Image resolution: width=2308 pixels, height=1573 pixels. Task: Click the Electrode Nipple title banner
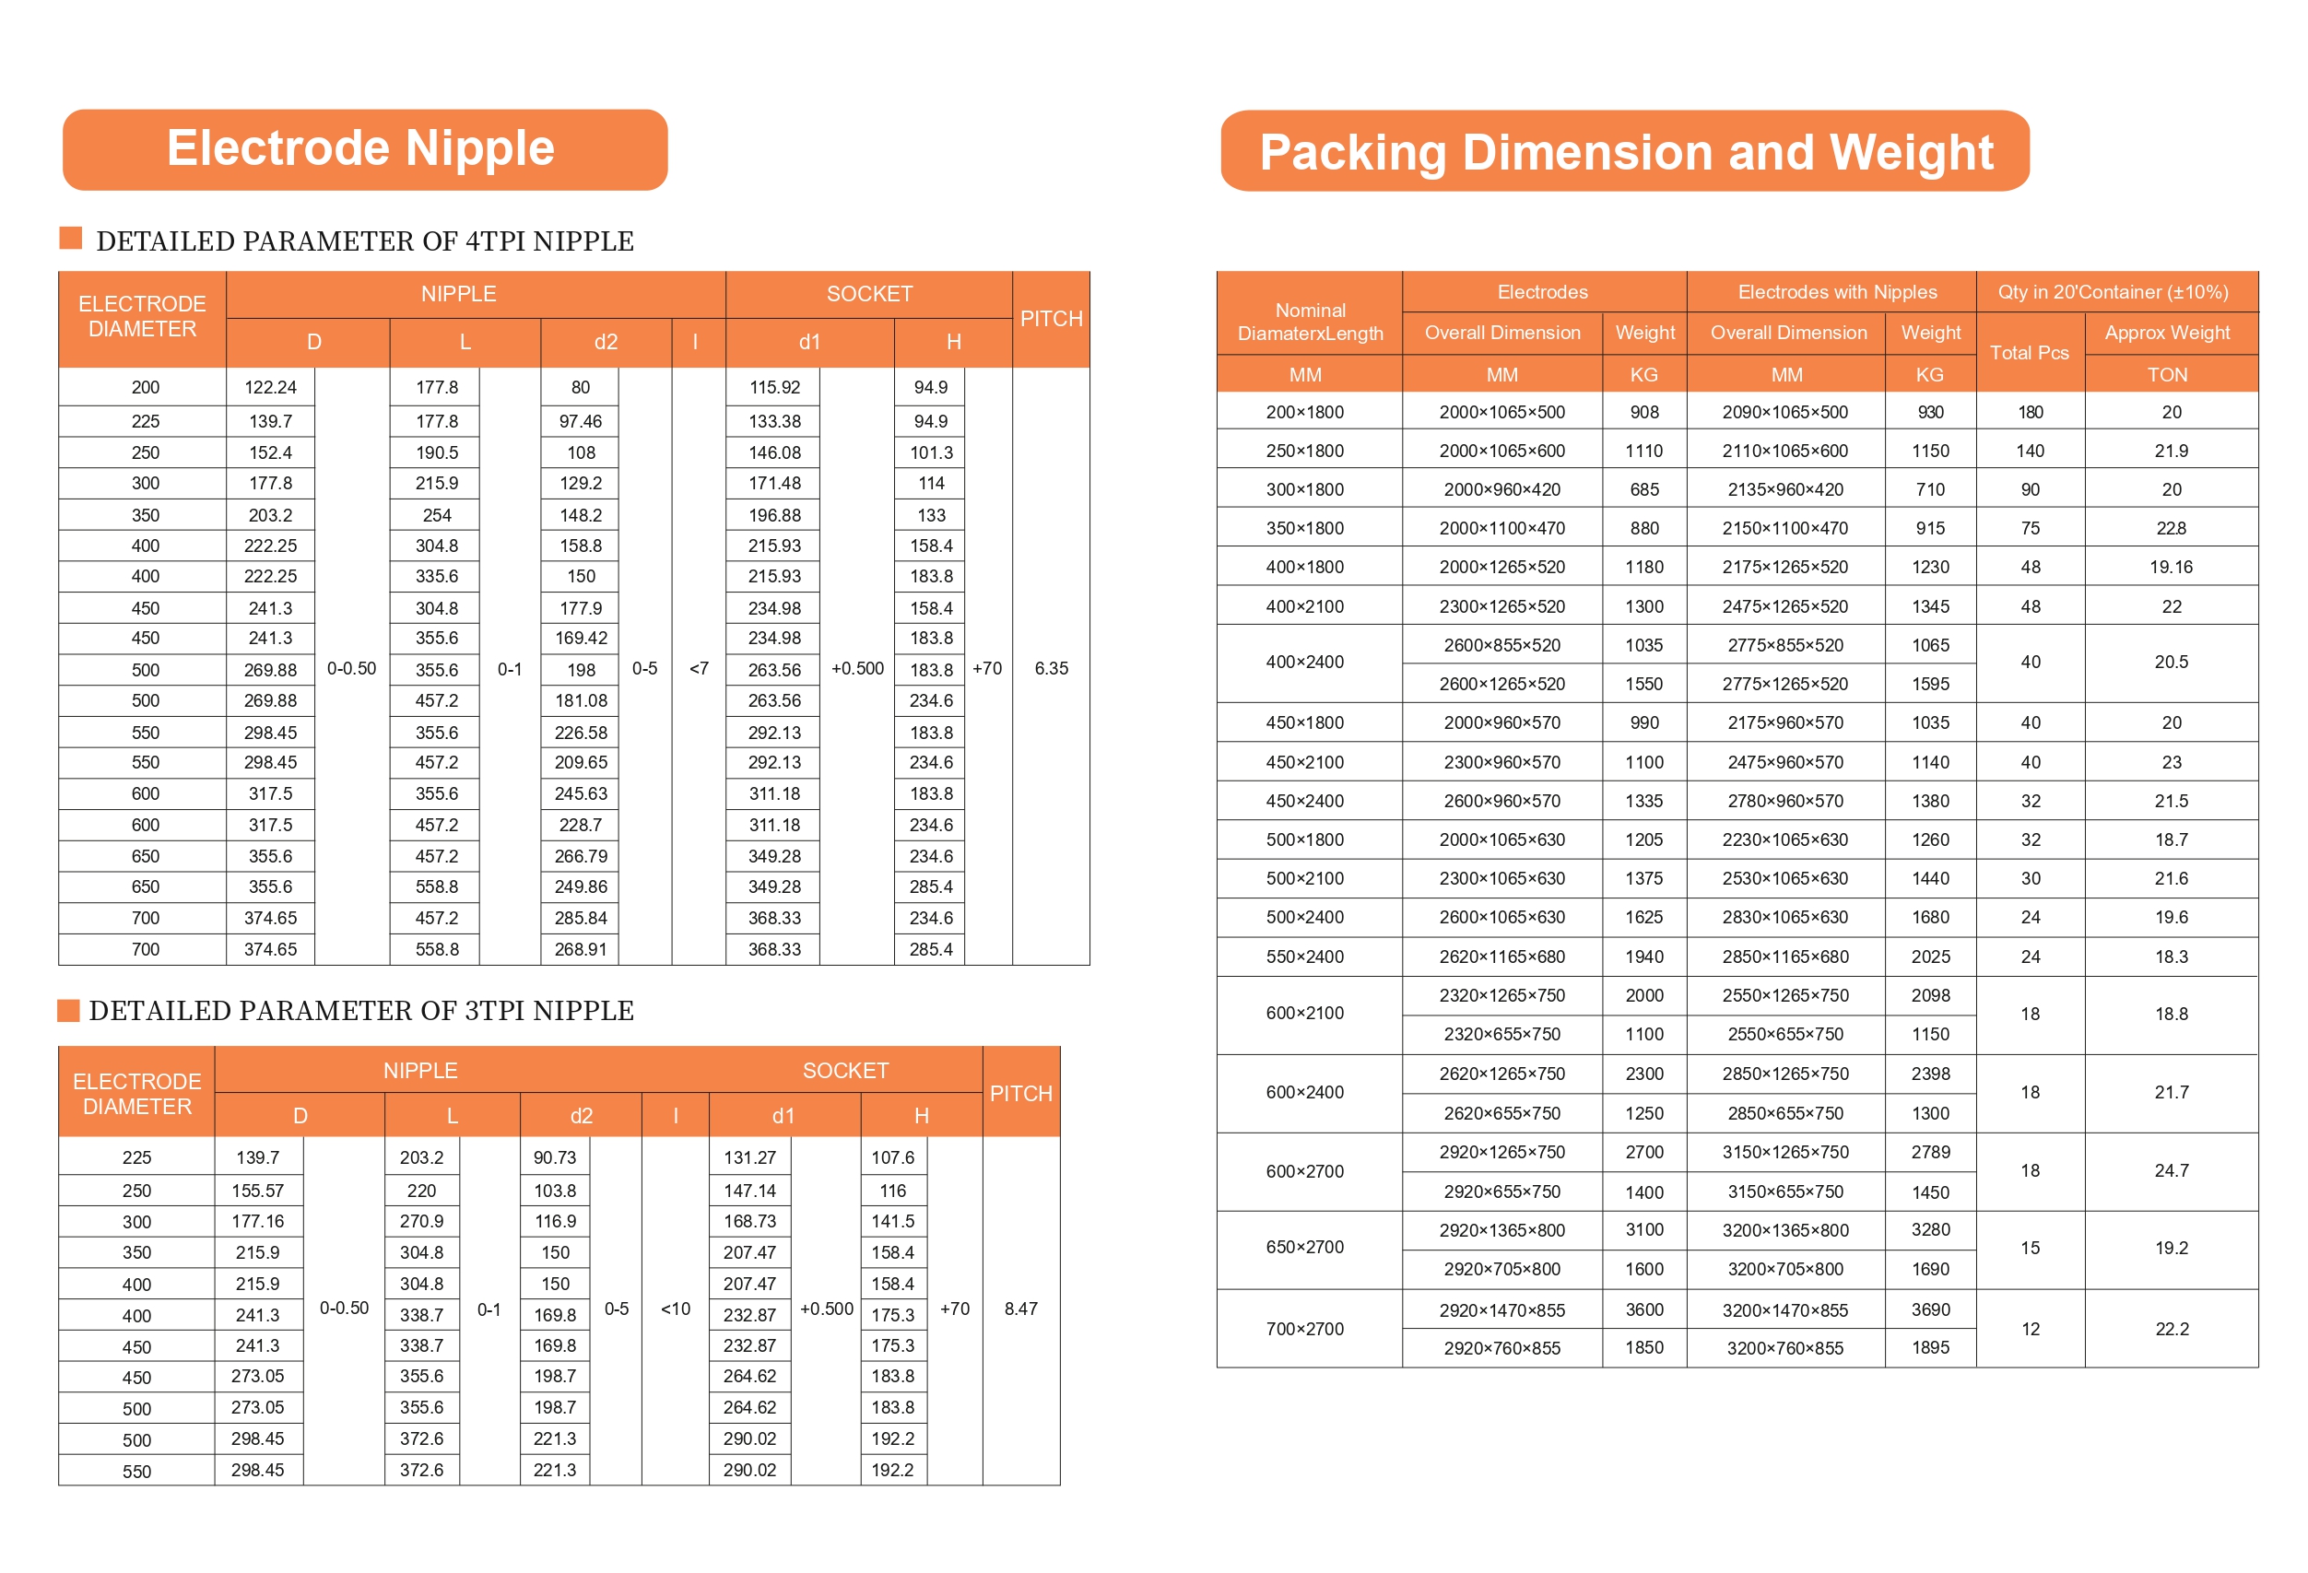click(363, 149)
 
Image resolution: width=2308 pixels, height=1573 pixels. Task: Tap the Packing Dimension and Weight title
click(1625, 152)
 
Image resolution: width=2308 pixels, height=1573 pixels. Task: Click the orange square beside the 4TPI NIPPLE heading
click(70, 238)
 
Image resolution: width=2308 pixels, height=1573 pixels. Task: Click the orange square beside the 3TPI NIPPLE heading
click(68, 1010)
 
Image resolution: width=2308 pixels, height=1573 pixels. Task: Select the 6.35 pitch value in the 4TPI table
click(1051, 668)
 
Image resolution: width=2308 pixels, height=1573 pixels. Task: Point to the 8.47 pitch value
click(1020, 1308)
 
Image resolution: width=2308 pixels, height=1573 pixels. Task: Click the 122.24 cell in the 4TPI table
click(270, 387)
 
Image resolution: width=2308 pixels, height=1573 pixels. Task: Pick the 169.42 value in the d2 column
click(581, 638)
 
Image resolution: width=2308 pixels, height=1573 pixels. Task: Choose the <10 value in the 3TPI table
click(676, 1309)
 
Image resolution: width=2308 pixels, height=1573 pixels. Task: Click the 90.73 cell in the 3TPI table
click(554, 1156)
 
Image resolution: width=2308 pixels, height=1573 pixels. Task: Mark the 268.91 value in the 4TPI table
click(581, 948)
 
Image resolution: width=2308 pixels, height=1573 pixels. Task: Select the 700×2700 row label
click(1304, 1328)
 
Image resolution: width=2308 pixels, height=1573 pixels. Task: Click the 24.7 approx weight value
click(2171, 1169)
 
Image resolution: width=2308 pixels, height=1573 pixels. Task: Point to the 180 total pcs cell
click(2030, 412)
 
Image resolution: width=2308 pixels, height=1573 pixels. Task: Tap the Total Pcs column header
click(2029, 353)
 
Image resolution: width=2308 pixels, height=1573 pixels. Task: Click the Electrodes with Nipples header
click(1836, 292)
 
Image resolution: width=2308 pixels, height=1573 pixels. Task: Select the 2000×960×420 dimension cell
click(1501, 489)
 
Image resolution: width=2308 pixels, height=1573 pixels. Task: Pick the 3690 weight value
click(1929, 1309)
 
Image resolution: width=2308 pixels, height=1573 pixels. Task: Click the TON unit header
click(2167, 374)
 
